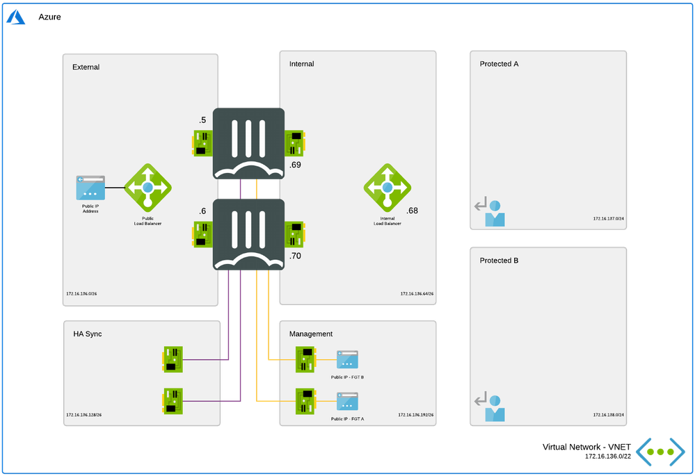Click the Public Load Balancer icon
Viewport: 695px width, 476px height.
click(x=147, y=188)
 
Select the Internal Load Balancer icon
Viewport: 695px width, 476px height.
click(x=388, y=188)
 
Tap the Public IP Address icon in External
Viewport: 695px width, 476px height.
click(x=90, y=188)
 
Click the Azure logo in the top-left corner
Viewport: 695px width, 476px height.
click(x=15, y=16)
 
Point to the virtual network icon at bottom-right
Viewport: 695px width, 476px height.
click(x=660, y=451)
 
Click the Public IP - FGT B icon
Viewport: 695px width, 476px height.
click(x=347, y=360)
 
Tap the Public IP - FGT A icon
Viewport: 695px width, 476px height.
click(x=347, y=401)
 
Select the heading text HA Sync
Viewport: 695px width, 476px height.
click(x=88, y=334)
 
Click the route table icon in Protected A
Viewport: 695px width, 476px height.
click(x=490, y=213)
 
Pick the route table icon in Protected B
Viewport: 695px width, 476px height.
click(x=490, y=408)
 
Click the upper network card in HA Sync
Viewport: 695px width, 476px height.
click(x=173, y=359)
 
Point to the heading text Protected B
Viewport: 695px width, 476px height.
click(x=499, y=261)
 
